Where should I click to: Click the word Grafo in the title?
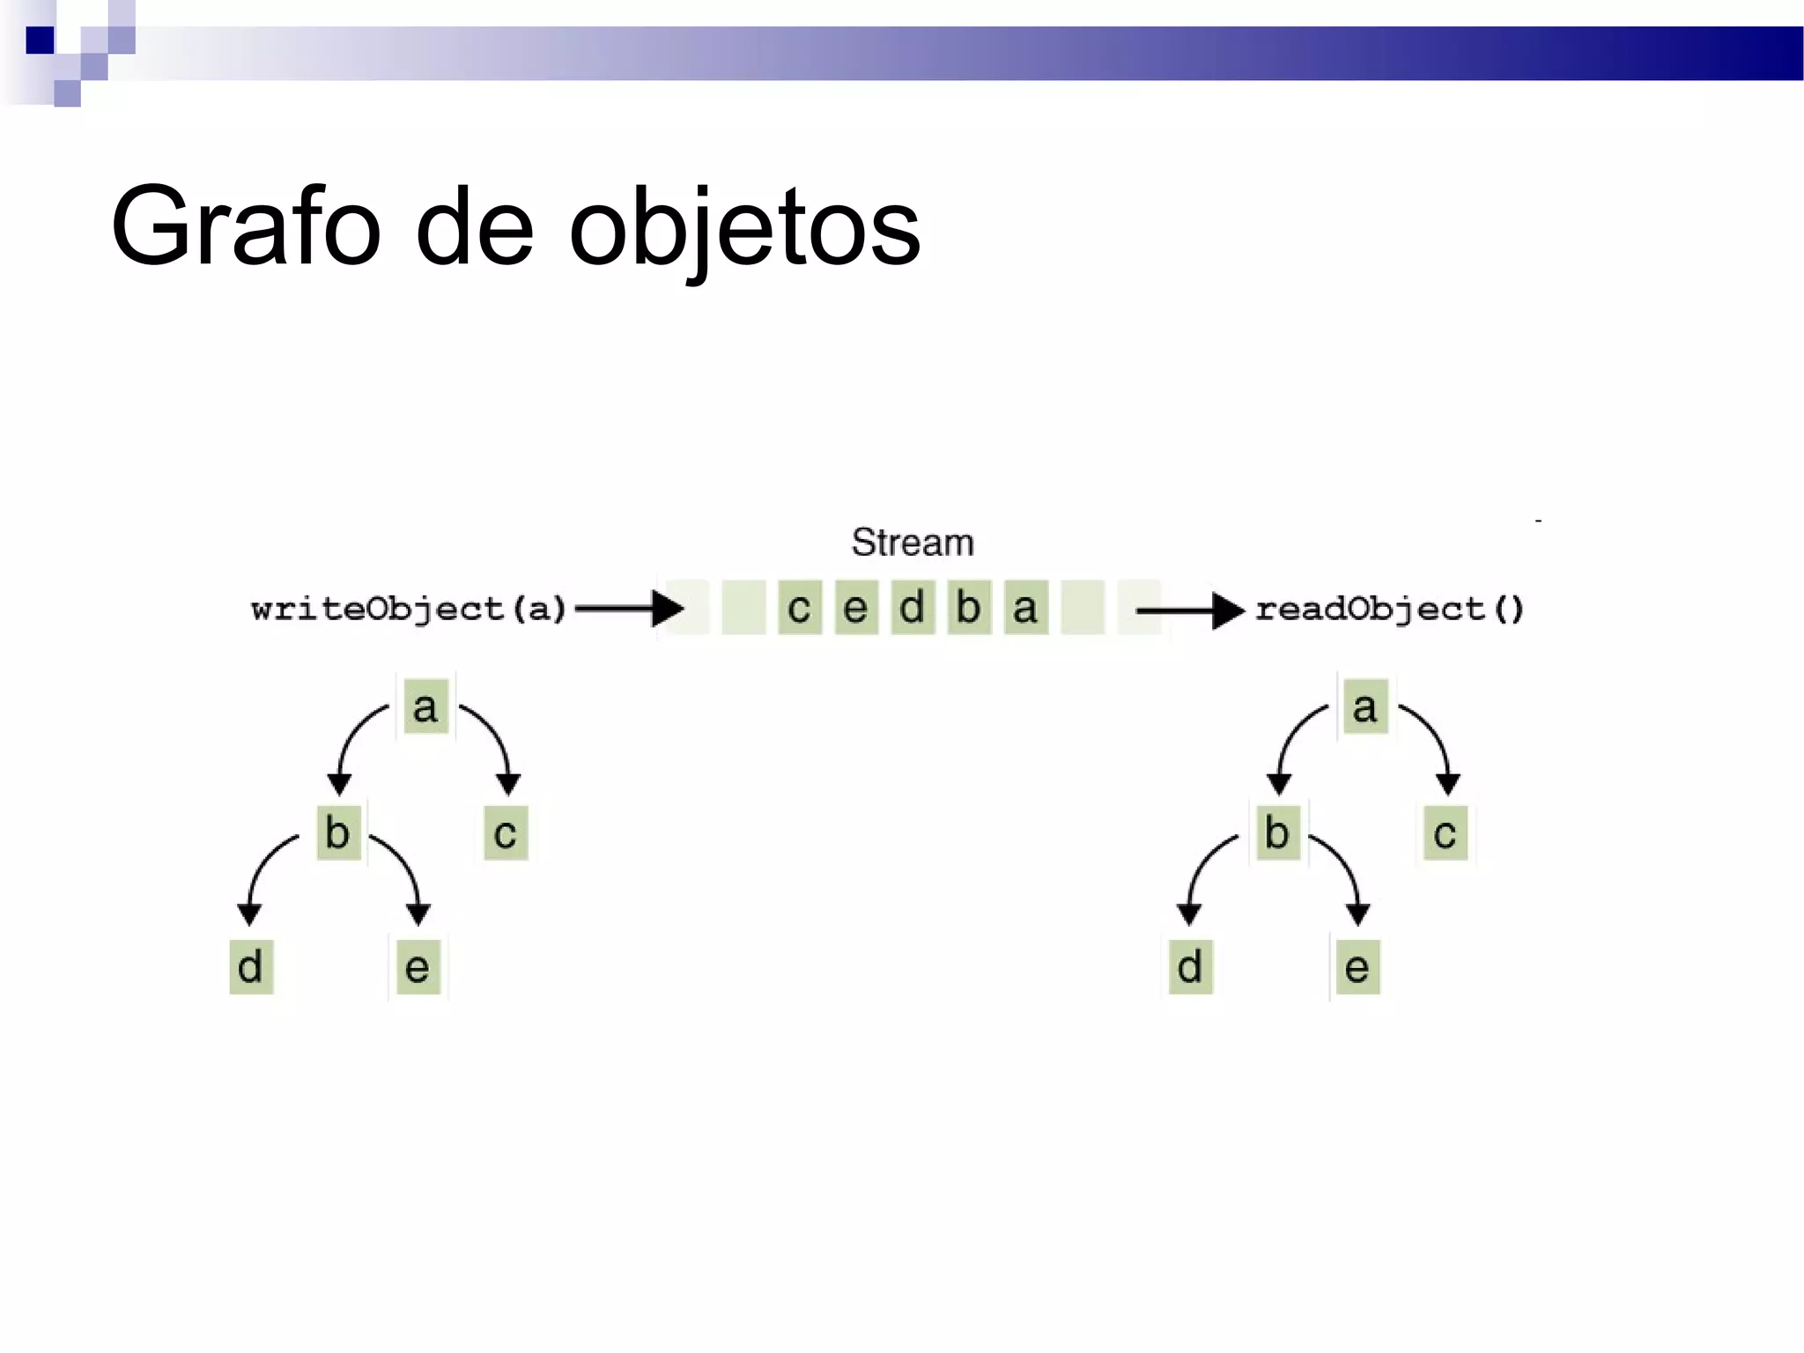246,227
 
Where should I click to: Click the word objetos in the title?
744,229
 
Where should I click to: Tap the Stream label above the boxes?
912,542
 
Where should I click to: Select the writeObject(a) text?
408,609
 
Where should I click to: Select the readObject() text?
1389,609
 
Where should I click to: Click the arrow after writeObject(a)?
629,608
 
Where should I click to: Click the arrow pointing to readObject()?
1189,610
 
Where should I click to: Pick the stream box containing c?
799,607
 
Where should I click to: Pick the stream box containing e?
856,607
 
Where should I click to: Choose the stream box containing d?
913,607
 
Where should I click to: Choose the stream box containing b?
969,607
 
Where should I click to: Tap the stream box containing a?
1025,607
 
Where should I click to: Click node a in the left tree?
425,706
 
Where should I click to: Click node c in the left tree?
506,832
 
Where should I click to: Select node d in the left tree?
251,966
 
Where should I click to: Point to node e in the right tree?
1357,966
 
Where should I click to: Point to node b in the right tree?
1277,832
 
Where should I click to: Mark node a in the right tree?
1365,706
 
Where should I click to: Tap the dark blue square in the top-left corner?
40,41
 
